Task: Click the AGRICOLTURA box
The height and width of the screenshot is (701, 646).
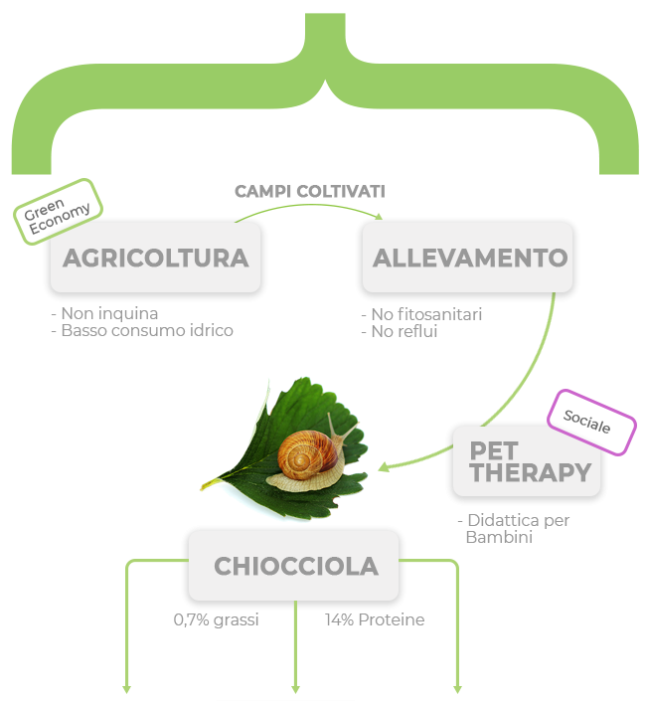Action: point(155,258)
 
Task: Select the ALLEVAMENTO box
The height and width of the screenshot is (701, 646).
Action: point(468,258)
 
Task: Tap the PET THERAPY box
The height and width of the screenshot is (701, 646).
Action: point(528,462)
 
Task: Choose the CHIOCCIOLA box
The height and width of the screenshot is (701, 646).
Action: point(294,566)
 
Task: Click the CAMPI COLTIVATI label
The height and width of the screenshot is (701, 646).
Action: point(309,190)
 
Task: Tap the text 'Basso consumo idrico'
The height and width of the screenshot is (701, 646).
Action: point(142,330)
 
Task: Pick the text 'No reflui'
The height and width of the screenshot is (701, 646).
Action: point(400,332)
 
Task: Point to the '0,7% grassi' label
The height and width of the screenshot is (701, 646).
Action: point(216,619)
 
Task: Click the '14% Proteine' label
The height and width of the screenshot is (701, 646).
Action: point(375,619)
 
